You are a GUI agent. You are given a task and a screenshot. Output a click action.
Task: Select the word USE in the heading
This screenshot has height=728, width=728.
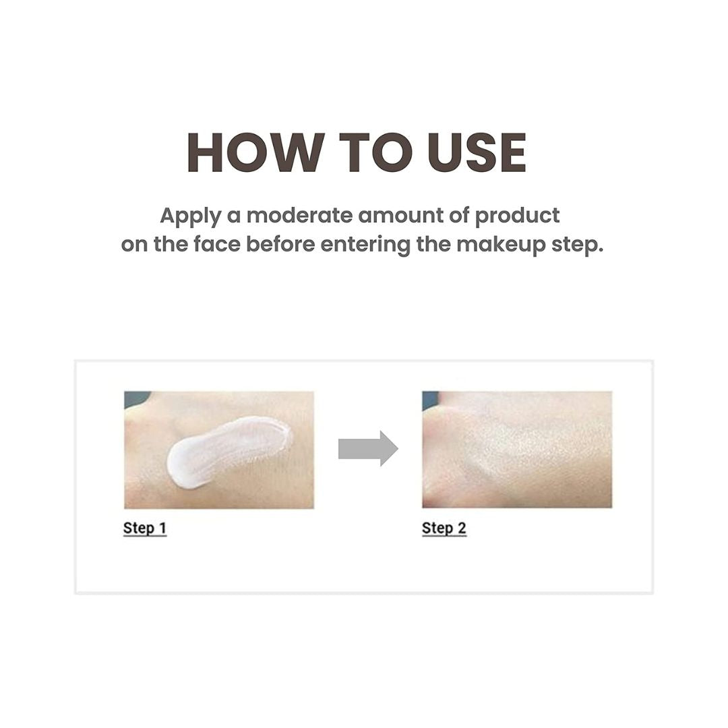point(477,153)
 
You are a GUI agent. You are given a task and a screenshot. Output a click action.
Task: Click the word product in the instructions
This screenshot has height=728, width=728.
point(518,216)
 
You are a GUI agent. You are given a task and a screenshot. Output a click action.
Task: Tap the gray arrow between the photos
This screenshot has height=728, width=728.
point(368,448)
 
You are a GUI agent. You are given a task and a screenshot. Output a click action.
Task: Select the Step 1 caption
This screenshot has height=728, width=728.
point(144,528)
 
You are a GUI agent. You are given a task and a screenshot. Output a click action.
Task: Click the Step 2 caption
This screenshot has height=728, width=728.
point(444,528)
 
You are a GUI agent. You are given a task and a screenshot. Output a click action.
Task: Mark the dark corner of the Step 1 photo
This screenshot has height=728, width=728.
point(135,398)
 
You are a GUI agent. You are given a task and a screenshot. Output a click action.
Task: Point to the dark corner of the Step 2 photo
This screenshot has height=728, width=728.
point(429,400)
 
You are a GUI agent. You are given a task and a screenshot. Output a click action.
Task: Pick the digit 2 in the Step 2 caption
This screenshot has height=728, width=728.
point(462,528)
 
